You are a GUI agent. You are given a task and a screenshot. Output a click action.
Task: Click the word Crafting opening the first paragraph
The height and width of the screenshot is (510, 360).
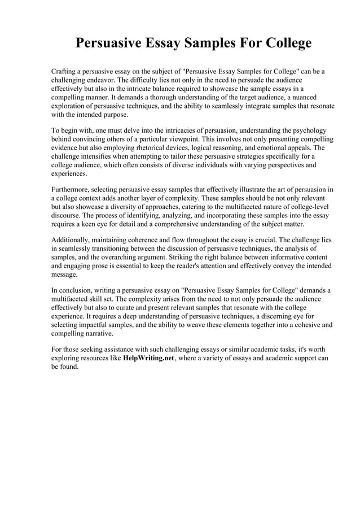tap(65, 72)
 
